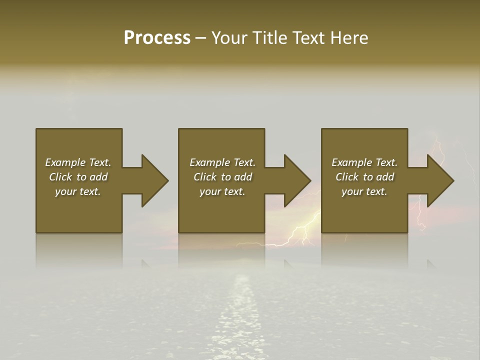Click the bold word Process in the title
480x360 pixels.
point(157,38)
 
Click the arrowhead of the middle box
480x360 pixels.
point(297,180)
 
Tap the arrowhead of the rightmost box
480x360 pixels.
point(440,180)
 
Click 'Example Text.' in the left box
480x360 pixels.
point(78,162)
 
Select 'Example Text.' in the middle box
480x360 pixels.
point(222,162)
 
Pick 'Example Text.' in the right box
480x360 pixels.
point(364,162)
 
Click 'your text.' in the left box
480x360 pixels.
point(78,191)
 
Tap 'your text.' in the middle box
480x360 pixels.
point(222,191)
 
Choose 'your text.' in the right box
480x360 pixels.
point(364,191)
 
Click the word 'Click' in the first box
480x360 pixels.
point(61,177)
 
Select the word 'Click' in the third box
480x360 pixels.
point(347,177)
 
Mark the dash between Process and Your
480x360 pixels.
point(200,38)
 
